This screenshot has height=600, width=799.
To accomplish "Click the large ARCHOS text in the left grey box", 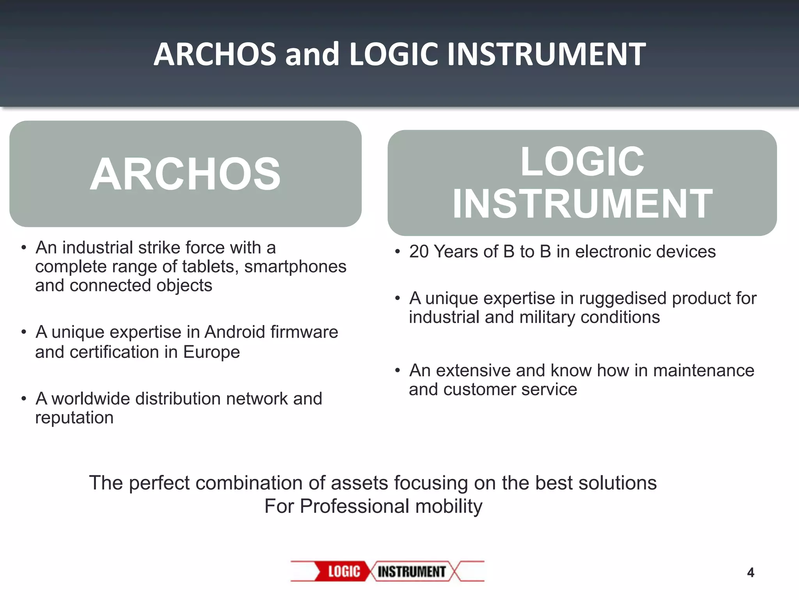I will coord(185,174).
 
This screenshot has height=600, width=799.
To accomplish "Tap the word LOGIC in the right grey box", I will coord(582,161).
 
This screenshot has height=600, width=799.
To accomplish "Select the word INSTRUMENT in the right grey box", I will coord(582,204).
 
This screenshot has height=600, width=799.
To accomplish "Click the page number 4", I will coord(750,573).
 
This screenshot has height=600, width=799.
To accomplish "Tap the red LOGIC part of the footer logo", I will coord(344,571).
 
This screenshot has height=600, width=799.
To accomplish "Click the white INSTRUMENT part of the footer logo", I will coord(412,571).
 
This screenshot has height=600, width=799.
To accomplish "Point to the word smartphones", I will coord(295,267).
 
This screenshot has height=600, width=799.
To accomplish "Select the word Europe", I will coord(211,352).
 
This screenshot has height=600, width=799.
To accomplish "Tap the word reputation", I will coord(74,418).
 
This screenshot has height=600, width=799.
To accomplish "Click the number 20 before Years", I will coord(419,252).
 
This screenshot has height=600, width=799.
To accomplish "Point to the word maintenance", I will coord(703,370).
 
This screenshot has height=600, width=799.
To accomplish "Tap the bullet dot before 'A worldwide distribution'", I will coord(24,399).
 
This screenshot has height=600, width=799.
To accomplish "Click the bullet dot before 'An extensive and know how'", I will coord(398,370).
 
